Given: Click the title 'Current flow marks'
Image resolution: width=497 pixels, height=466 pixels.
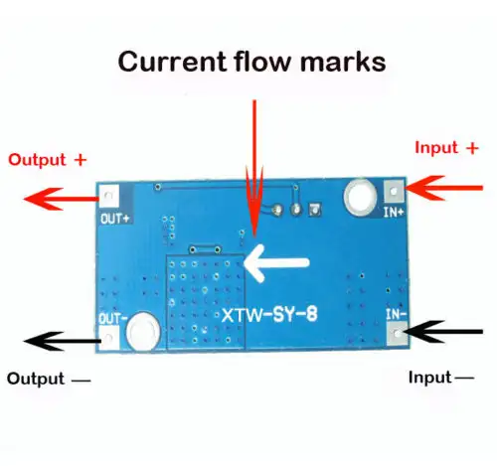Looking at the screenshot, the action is [251, 62].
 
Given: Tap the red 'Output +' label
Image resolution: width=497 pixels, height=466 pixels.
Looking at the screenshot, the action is [47, 160].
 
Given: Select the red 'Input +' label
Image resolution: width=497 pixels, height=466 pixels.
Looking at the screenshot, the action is [446, 148].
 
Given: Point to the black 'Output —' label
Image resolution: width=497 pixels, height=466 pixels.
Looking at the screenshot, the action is [49, 379].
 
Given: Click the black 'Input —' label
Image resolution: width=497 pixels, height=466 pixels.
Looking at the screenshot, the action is [441, 378].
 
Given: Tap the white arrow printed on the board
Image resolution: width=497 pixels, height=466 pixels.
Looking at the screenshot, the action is [276, 263].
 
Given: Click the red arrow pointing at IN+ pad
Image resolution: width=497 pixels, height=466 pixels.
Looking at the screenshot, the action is [444, 188].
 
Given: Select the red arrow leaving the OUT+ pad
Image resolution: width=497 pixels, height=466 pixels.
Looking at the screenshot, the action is [62, 199].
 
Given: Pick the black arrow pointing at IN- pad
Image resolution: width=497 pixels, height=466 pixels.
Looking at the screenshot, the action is [442, 332].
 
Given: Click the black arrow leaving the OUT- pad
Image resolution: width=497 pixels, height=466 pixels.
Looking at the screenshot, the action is [63, 341].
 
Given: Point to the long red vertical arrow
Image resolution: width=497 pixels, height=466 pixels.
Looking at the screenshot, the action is [254, 169].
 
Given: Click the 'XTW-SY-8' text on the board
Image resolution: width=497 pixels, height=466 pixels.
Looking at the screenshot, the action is [269, 315].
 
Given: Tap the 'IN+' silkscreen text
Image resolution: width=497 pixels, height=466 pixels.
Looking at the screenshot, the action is [394, 213].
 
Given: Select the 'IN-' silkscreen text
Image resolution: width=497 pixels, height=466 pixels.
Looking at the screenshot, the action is [396, 314].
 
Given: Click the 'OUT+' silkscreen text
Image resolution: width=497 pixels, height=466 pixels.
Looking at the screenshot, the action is [115, 219].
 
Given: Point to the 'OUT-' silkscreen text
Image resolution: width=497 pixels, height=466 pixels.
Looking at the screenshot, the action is [112, 319].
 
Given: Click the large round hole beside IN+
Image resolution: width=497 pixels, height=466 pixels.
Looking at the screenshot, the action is [360, 198].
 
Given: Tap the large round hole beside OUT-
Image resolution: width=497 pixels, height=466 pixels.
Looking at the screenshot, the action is [143, 332].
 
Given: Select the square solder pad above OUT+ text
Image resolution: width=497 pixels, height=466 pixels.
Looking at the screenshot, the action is [109, 197].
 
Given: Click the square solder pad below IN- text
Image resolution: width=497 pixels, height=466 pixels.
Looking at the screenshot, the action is [397, 333].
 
